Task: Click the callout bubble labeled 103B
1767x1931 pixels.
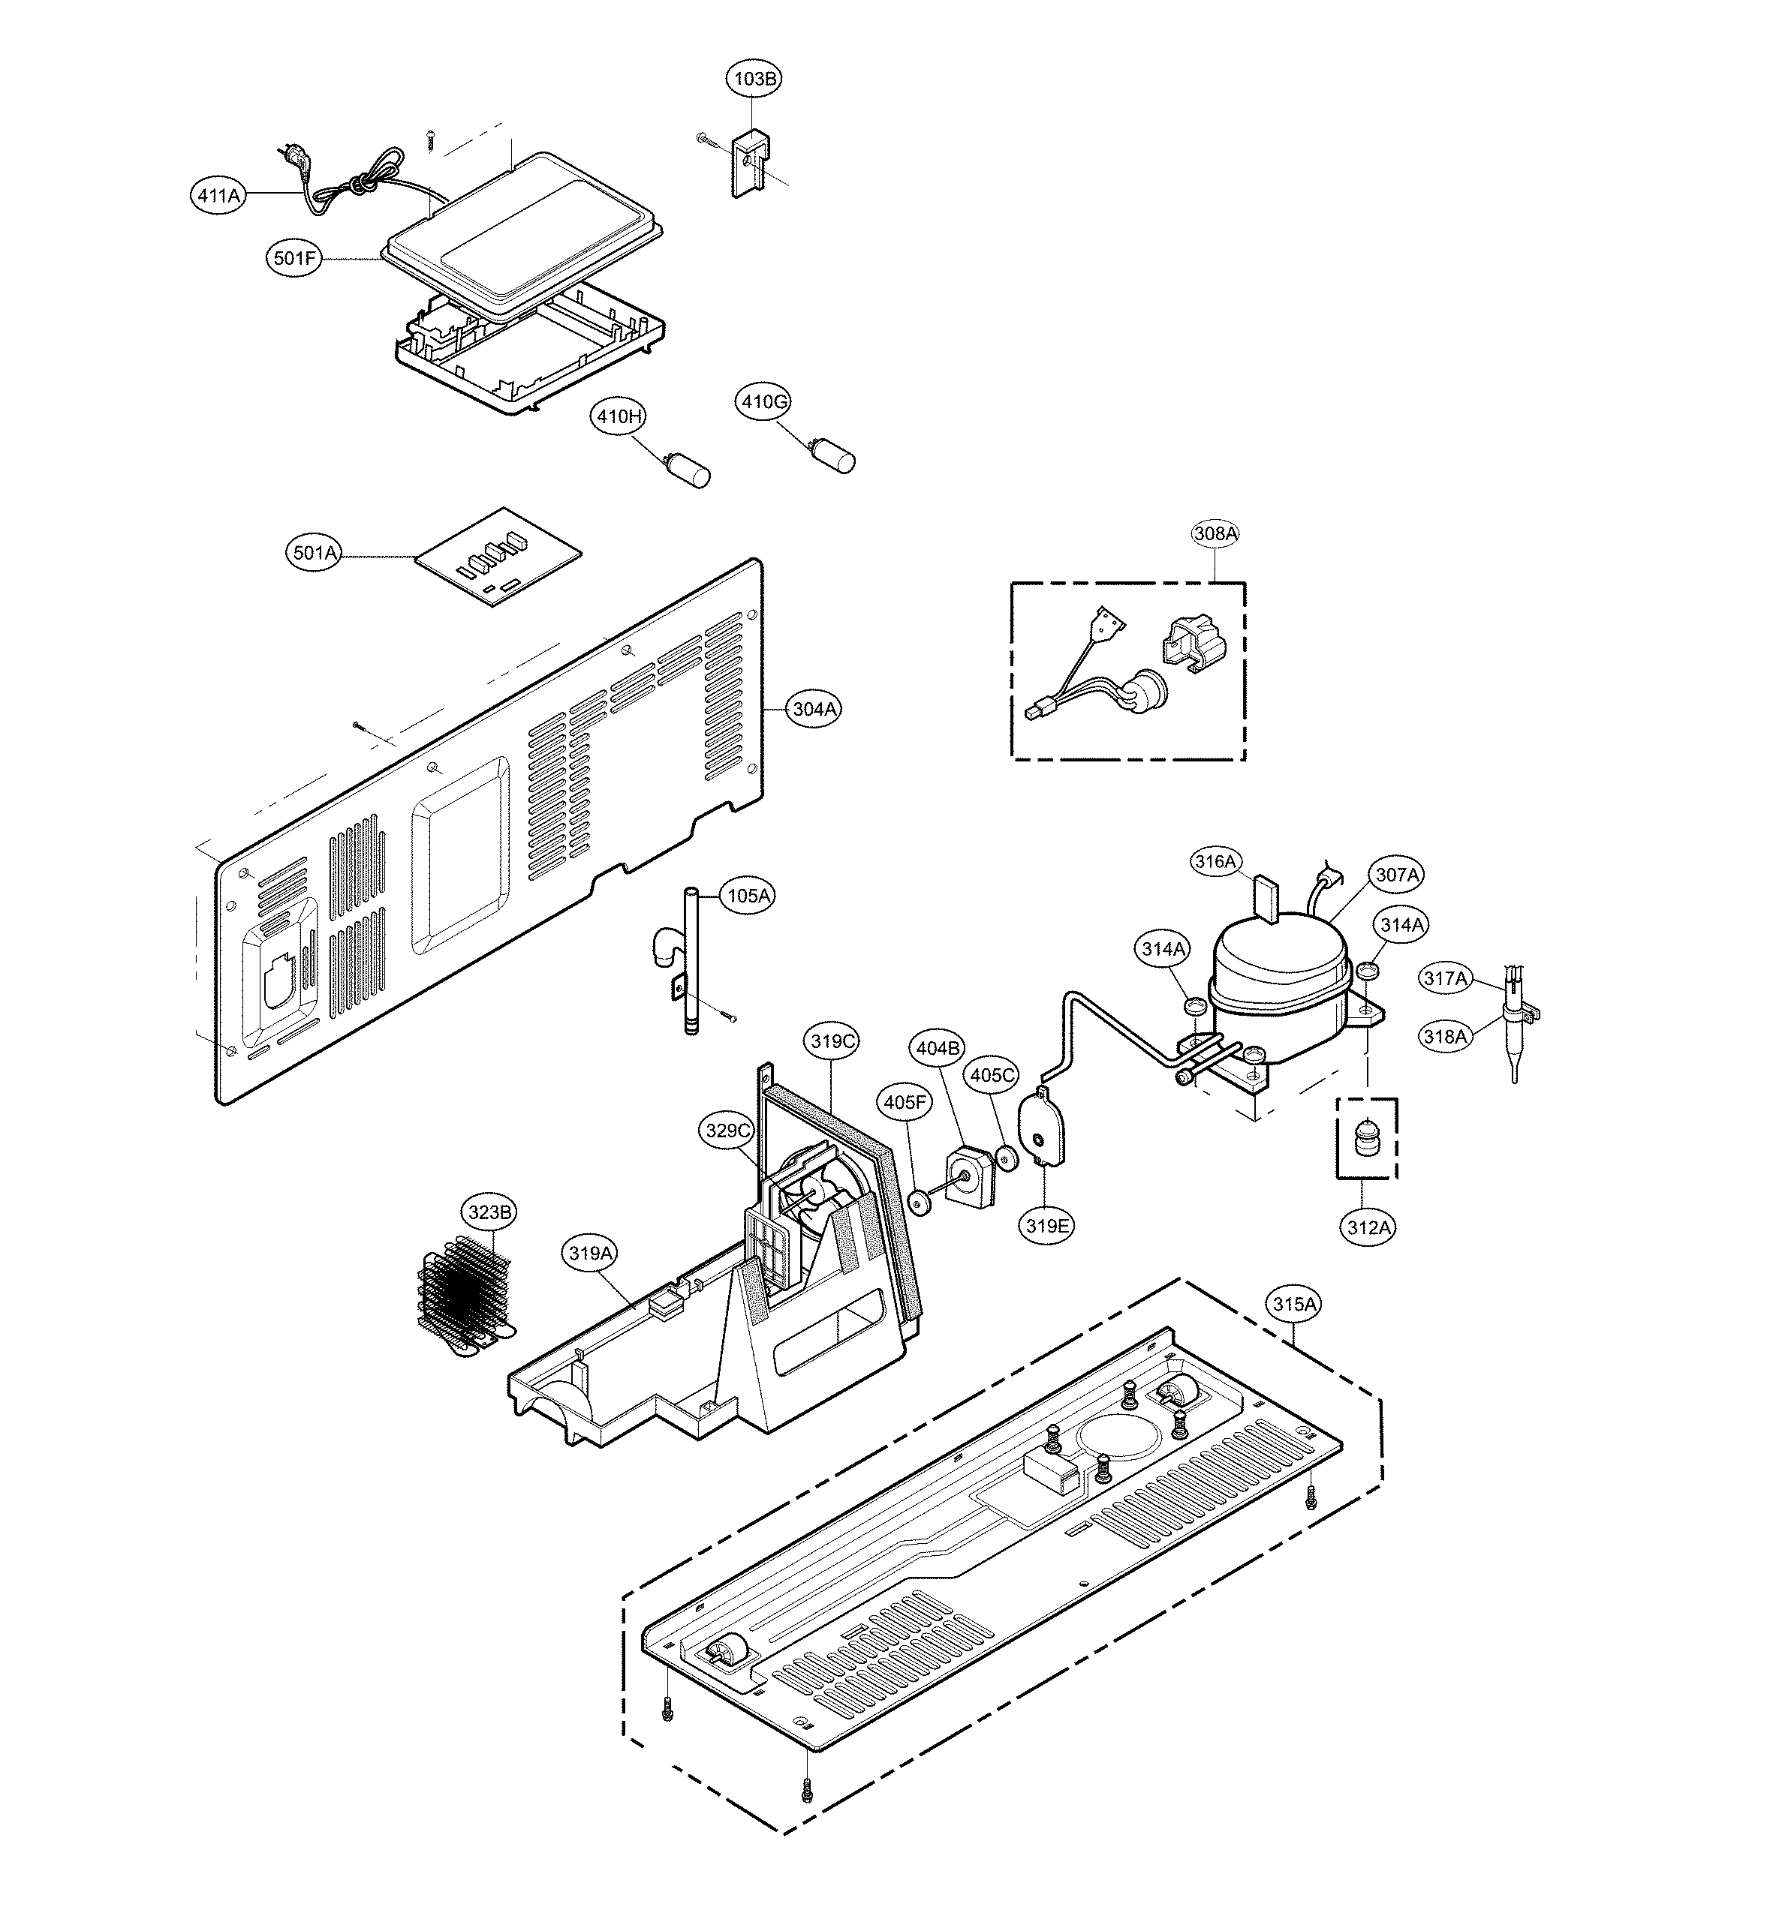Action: coord(755,80)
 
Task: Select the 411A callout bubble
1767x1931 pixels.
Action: coord(218,195)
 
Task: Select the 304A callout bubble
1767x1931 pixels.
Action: coord(814,709)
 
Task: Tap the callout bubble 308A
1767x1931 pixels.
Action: coord(1215,533)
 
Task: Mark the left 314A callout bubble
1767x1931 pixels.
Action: coord(1164,949)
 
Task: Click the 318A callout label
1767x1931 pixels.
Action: coord(1445,1036)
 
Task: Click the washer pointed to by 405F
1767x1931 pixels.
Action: coord(922,1200)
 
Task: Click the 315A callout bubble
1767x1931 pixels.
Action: coord(1295,1304)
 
